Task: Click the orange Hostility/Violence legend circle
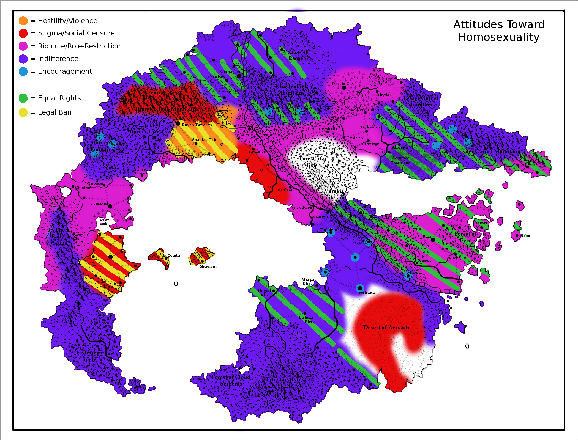23,21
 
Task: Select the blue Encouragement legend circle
23,71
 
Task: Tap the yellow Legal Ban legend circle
23,112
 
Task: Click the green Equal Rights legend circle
23,98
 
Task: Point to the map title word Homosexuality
498,37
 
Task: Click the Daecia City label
343,84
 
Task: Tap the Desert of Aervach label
386,328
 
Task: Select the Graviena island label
208,266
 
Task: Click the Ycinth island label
174,255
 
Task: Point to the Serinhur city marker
360,288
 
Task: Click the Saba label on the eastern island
525,236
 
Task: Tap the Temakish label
100,203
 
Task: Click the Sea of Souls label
104,222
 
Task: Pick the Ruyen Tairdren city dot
178,123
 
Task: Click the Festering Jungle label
88,356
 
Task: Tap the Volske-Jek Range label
296,55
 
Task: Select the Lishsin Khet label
306,319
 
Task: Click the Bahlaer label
285,190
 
